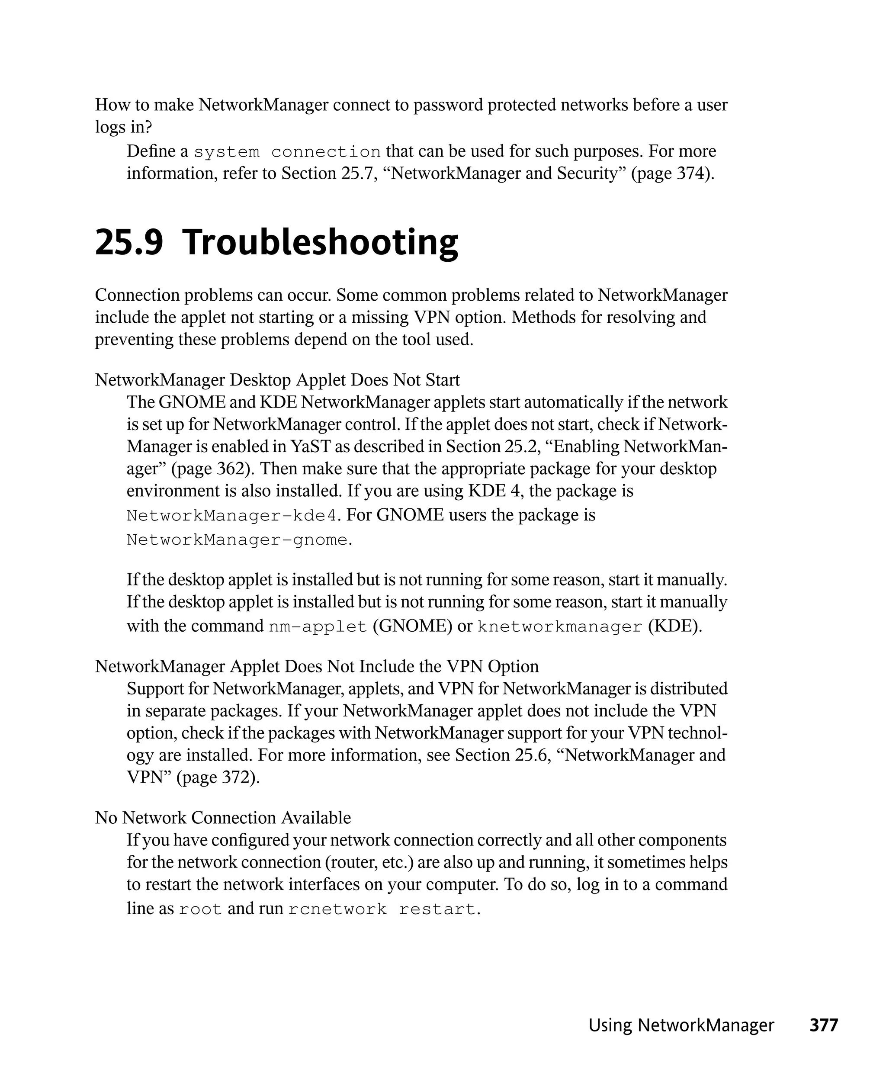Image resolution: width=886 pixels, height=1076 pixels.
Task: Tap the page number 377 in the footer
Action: pos(823,1025)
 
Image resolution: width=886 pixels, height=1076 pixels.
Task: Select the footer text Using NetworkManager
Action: pos(681,1025)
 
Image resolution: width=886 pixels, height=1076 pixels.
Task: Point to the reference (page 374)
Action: pos(673,173)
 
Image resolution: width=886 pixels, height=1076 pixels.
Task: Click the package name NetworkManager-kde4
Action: pos(232,516)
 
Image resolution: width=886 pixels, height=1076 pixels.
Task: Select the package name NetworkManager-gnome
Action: pos(238,540)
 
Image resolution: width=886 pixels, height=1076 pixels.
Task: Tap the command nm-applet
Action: pos(318,627)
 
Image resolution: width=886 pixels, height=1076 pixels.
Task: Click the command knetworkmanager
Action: pos(559,627)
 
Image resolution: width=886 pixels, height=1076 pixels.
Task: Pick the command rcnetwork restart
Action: pos(382,909)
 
